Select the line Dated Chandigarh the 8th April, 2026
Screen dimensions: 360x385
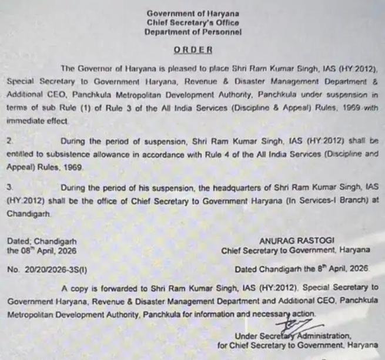point(301,270)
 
